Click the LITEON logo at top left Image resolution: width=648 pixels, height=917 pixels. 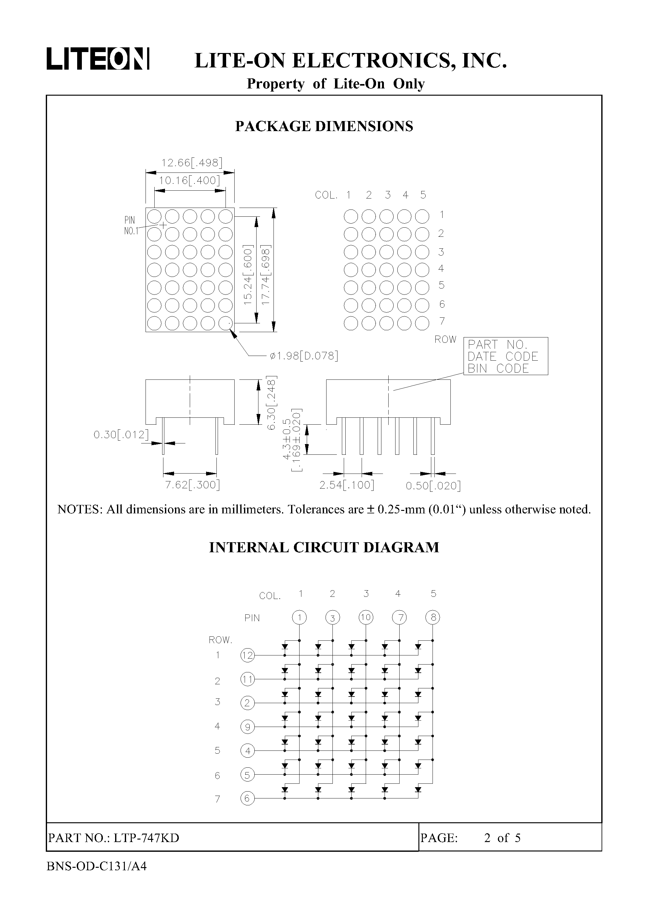pyautogui.click(x=98, y=59)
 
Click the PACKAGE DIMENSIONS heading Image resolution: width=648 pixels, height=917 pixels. pyautogui.click(x=324, y=126)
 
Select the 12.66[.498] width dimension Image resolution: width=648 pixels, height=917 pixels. pyautogui.click(x=191, y=162)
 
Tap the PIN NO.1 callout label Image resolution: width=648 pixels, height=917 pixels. pyautogui.click(x=130, y=225)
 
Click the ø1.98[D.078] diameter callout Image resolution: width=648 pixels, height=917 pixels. pyautogui.click(x=304, y=355)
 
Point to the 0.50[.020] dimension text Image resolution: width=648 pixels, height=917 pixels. pyautogui.click(x=433, y=486)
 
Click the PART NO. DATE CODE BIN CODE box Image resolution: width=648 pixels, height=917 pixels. pyautogui.click(x=505, y=356)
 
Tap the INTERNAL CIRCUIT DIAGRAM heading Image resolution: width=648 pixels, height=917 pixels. pyautogui.click(x=324, y=547)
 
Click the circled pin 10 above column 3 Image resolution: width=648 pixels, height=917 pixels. pyautogui.click(x=365, y=618)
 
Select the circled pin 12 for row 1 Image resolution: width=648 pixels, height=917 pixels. pyautogui.click(x=247, y=655)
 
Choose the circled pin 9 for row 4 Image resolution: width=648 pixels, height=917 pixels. pyautogui.click(x=247, y=727)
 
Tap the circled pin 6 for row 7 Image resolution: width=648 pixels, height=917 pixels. pyautogui.click(x=247, y=798)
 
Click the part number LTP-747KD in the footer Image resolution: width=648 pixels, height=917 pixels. pyautogui.click(x=146, y=838)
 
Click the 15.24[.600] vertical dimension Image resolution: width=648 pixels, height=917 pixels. pyautogui.click(x=248, y=275)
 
